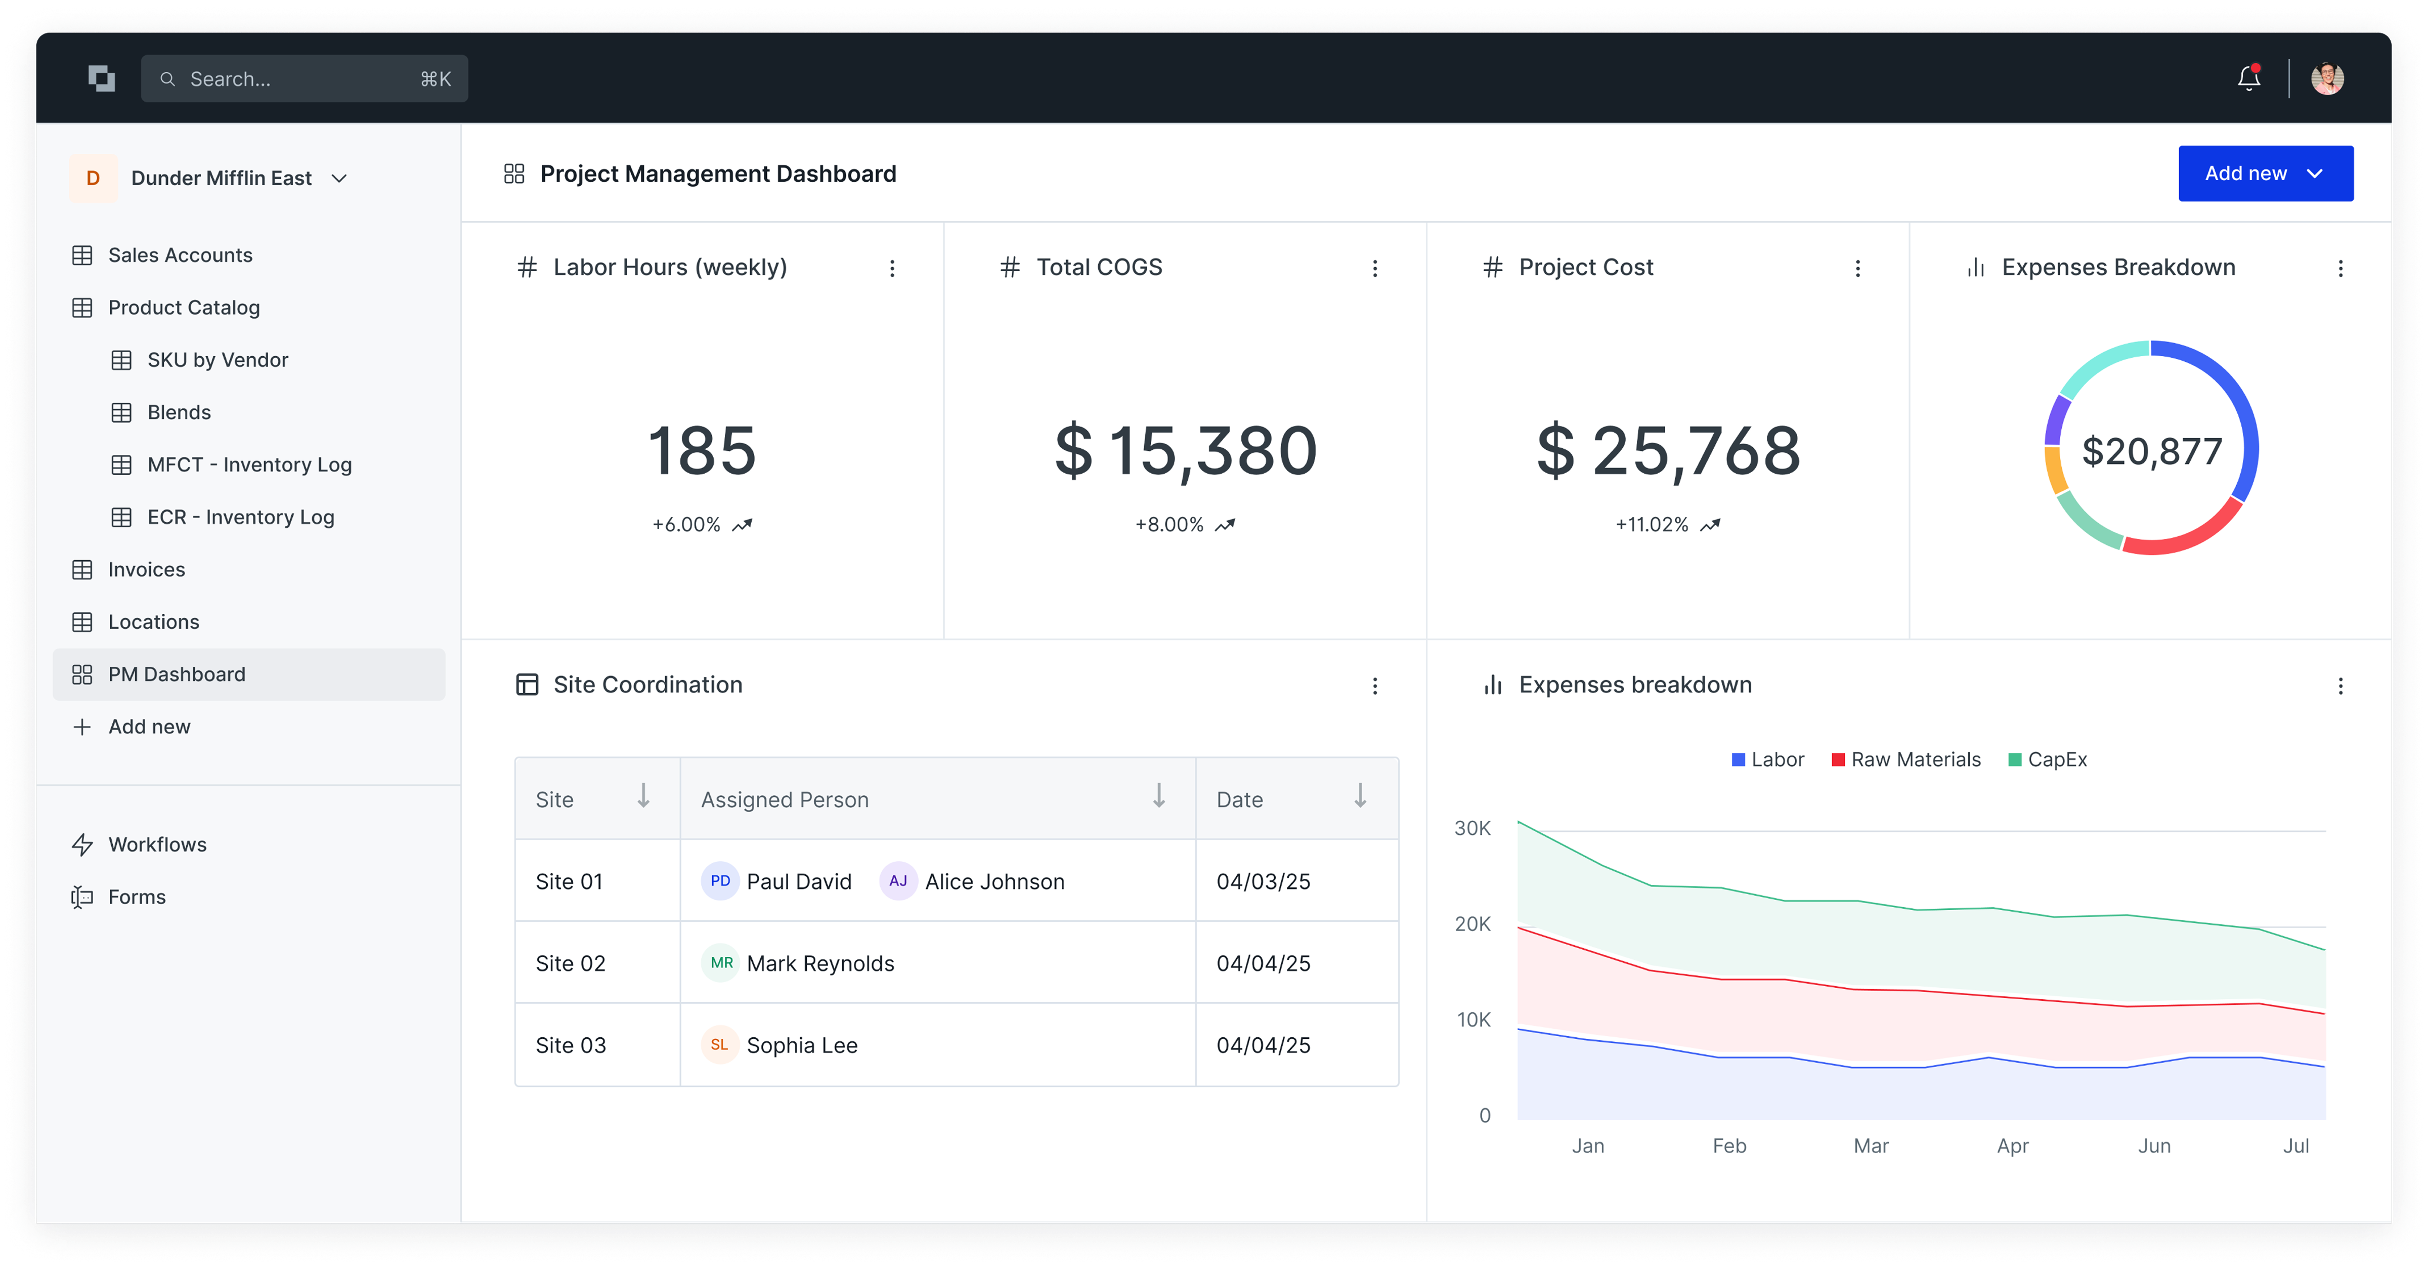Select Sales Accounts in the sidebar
(180, 256)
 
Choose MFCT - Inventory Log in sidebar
(249, 465)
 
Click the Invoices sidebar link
(146, 569)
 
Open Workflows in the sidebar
(156, 845)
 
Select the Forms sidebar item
(137, 897)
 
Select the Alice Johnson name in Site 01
(994, 881)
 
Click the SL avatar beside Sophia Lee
(719, 1045)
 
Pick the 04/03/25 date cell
(1263, 881)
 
